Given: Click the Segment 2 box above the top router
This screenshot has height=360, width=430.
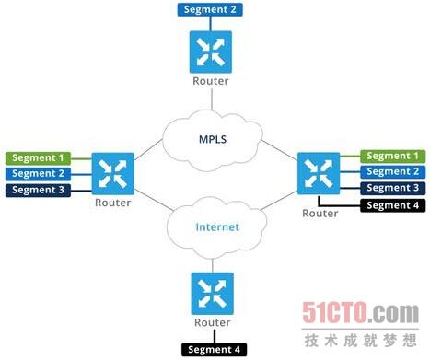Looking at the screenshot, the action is [x=210, y=9].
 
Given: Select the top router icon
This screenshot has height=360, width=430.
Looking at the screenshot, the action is [x=211, y=52].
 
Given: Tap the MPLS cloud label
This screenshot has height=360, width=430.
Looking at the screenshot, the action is [x=213, y=139].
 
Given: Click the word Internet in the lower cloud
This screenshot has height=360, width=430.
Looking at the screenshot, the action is [x=217, y=227].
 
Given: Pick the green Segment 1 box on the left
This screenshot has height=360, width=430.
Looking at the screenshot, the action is [x=38, y=158].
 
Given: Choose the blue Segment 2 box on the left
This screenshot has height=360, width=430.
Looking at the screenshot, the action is [x=38, y=174].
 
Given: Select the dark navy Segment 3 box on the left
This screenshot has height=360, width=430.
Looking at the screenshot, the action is [x=38, y=190].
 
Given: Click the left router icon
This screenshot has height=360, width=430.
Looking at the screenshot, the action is [x=113, y=174].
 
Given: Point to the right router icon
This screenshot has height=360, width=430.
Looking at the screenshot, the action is [x=319, y=173].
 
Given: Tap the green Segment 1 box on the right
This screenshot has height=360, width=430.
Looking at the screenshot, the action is [x=392, y=157].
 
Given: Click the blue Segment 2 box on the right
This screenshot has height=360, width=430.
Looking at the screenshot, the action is [x=392, y=172].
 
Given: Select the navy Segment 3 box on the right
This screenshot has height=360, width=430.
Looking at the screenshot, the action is [x=392, y=188].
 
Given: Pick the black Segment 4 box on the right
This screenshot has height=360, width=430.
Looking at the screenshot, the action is [x=392, y=205].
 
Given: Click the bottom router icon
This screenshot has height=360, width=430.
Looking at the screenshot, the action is [x=213, y=294].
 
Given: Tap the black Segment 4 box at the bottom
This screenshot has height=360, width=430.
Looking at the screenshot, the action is [x=214, y=350].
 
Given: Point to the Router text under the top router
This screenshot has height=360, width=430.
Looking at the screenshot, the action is [x=211, y=81].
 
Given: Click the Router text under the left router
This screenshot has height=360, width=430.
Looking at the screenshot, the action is [x=113, y=203].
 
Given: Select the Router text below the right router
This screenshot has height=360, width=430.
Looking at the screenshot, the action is [x=320, y=214].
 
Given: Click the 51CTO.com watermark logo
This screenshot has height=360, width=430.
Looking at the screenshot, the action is [x=360, y=313].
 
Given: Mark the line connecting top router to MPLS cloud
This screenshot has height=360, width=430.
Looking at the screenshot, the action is [x=212, y=99].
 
